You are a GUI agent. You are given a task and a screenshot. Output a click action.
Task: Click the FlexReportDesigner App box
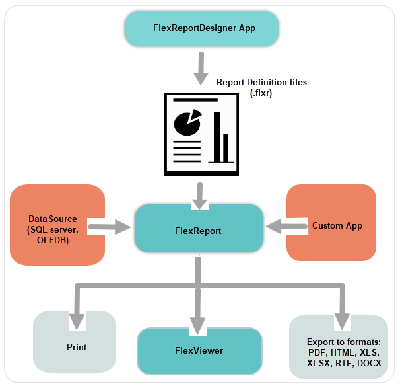point(199,28)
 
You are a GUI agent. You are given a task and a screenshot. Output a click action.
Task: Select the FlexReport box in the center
point(198,231)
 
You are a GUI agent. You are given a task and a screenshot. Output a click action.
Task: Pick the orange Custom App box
point(331,225)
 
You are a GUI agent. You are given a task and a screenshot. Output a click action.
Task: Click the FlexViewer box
point(199,350)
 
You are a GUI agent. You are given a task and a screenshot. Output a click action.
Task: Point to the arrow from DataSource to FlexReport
point(110,229)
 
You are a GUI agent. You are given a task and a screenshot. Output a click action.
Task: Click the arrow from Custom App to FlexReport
point(286,227)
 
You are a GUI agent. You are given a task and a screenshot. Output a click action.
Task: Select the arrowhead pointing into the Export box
point(342,319)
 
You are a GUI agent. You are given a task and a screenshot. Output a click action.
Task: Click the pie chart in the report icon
point(187,121)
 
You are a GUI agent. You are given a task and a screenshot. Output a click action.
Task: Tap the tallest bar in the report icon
point(216,136)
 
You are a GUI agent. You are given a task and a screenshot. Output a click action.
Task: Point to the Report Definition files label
point(261,82)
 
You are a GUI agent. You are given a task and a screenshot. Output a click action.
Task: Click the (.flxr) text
point(261,93)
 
